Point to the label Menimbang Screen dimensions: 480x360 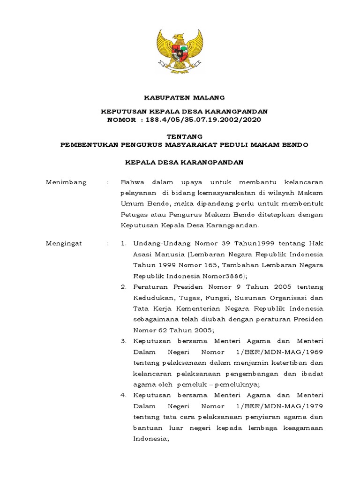tap(66, 182)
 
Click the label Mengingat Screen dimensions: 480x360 tap(64, 243)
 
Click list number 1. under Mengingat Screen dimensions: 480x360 tap(124, 243)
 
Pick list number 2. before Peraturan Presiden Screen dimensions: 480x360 tap(124, 286)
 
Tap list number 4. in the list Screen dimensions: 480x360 tap(124, 395)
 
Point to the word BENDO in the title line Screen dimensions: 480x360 tap(295, 145)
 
